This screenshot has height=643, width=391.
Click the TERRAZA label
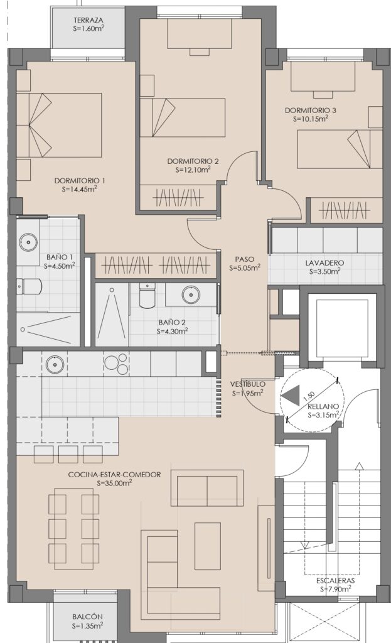88,20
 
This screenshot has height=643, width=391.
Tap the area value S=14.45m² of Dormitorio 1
80,189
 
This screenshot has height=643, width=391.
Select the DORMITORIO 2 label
193,161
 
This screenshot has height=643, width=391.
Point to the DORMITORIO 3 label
311,111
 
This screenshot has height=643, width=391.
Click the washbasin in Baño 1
28,242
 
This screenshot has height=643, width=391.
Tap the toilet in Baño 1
29,286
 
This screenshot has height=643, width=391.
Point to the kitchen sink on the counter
53,364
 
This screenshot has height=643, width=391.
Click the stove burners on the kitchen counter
116,363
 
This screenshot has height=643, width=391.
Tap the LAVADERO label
324,263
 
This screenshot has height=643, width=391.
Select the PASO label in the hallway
245,259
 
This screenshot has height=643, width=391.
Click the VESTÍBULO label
247,384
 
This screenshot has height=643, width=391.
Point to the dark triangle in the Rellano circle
291,396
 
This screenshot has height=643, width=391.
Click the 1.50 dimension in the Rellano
310,397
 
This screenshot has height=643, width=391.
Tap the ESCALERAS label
335,581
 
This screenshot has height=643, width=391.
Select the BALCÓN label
87,617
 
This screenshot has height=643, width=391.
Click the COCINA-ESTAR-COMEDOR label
114,475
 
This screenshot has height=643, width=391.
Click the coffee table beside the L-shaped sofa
207,546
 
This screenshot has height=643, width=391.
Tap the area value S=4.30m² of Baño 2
172,332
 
